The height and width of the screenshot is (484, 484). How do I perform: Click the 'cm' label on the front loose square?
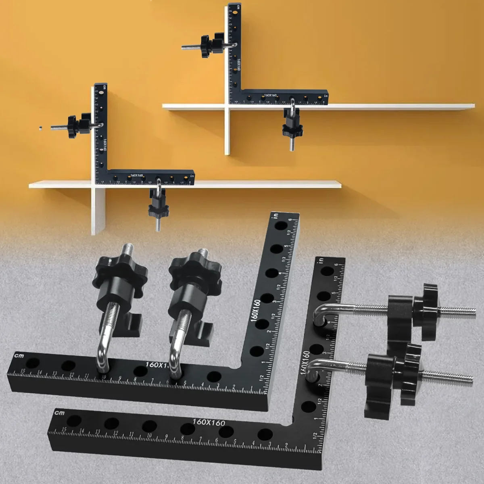pyautogui.click(x=59, y=413)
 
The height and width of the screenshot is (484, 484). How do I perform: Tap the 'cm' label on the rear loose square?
pyautogui.click(x=19, y=355)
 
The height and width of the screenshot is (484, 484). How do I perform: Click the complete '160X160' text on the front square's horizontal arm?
pyautogui.click(x=209, y=422)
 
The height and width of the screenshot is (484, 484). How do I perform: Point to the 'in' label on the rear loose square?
pyautogui.click(x=276, y=215)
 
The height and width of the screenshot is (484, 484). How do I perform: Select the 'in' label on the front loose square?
pyautogui.click(x=321, y=260)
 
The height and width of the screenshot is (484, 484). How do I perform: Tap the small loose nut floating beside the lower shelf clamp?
pyautogui.click(x=41, y=129)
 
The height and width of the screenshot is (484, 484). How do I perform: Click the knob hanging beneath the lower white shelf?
pyautogui.click(x=159, y=209)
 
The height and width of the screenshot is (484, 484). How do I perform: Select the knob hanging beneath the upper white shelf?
pyautogui.click(x=292, y=130)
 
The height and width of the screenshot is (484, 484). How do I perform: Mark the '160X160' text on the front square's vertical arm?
pyautogui.click(x=306, y=362)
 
